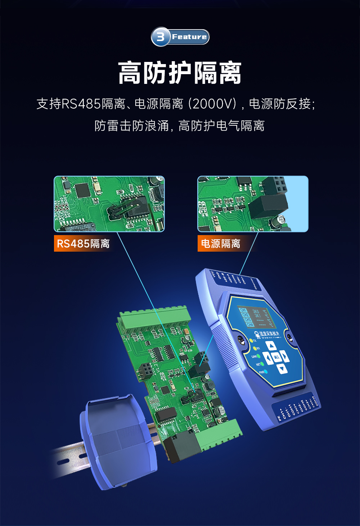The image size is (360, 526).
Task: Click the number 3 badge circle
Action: tap(161, 37)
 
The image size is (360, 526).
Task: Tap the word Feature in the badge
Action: tap(189, 37)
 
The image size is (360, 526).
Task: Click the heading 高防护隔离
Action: tap(180, 73)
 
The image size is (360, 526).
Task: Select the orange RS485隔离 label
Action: tap(83, 244)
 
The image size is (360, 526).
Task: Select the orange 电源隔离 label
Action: tap(220, 244)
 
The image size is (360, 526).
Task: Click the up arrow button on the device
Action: tap(272, 346)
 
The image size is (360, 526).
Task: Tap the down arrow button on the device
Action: tap(282, 368)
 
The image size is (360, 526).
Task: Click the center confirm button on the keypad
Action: tap(276, 357)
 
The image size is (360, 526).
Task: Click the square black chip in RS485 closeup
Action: tap(82, 190)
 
